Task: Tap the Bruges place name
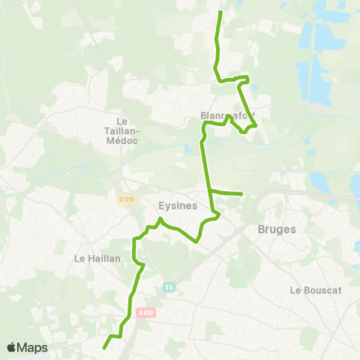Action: coord(277,229)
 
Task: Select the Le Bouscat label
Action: coord(313,290)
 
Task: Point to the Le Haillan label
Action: coord(93,258)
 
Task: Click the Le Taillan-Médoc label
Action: coord(124,133)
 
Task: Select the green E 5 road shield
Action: coord(170,286)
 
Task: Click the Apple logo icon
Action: coord(11,347)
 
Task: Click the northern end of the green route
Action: coord(220,13)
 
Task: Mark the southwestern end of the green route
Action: coord(103,347)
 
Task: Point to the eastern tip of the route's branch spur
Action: coord(242,194)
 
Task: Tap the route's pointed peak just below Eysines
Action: coord(160,218)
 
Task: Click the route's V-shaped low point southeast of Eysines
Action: coord(196,241)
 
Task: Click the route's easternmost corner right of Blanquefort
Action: coord(256,125)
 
